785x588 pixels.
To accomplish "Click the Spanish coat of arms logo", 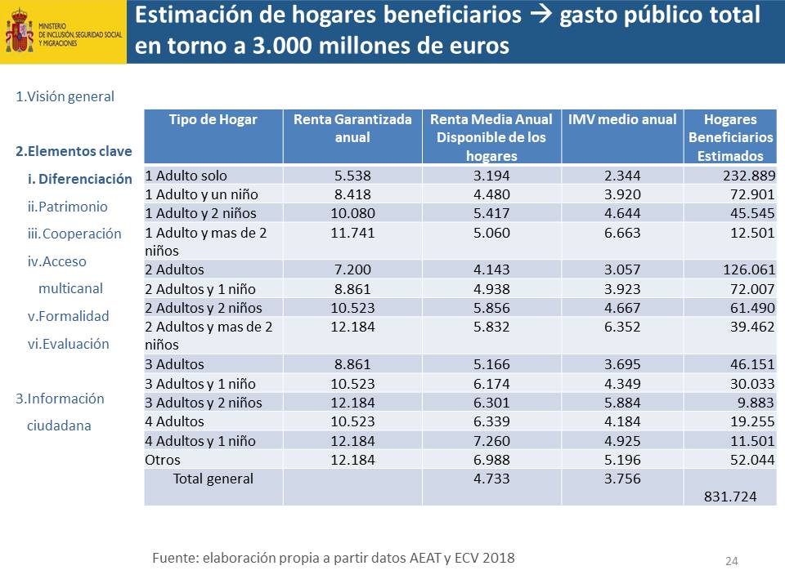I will [x=19, y=32].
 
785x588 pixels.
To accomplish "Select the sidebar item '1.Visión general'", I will [x=65, y=96].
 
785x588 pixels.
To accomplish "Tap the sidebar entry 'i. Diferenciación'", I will [x=80, y=179].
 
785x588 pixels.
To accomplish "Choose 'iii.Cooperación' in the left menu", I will [x=74, y=234].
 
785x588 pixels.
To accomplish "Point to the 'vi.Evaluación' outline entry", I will [x=69, y=344].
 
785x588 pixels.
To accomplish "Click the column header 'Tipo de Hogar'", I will [x=213, y=119].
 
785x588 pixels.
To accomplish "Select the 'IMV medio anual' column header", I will [x=622, y=119].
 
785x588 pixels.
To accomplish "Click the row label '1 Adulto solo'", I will [x=186, y=176].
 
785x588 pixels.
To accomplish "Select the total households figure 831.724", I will [x=729, y=496].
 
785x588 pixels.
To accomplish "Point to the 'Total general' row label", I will [x=213, y=479].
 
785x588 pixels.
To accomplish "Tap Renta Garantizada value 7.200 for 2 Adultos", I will [x=352, y=269].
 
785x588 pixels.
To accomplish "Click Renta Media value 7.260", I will [x=491, y=441].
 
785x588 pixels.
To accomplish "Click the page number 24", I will [x=732, y=561].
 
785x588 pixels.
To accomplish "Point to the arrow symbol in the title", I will [x=541, y=16].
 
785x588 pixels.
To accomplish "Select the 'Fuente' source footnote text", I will [x=334, y=558].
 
